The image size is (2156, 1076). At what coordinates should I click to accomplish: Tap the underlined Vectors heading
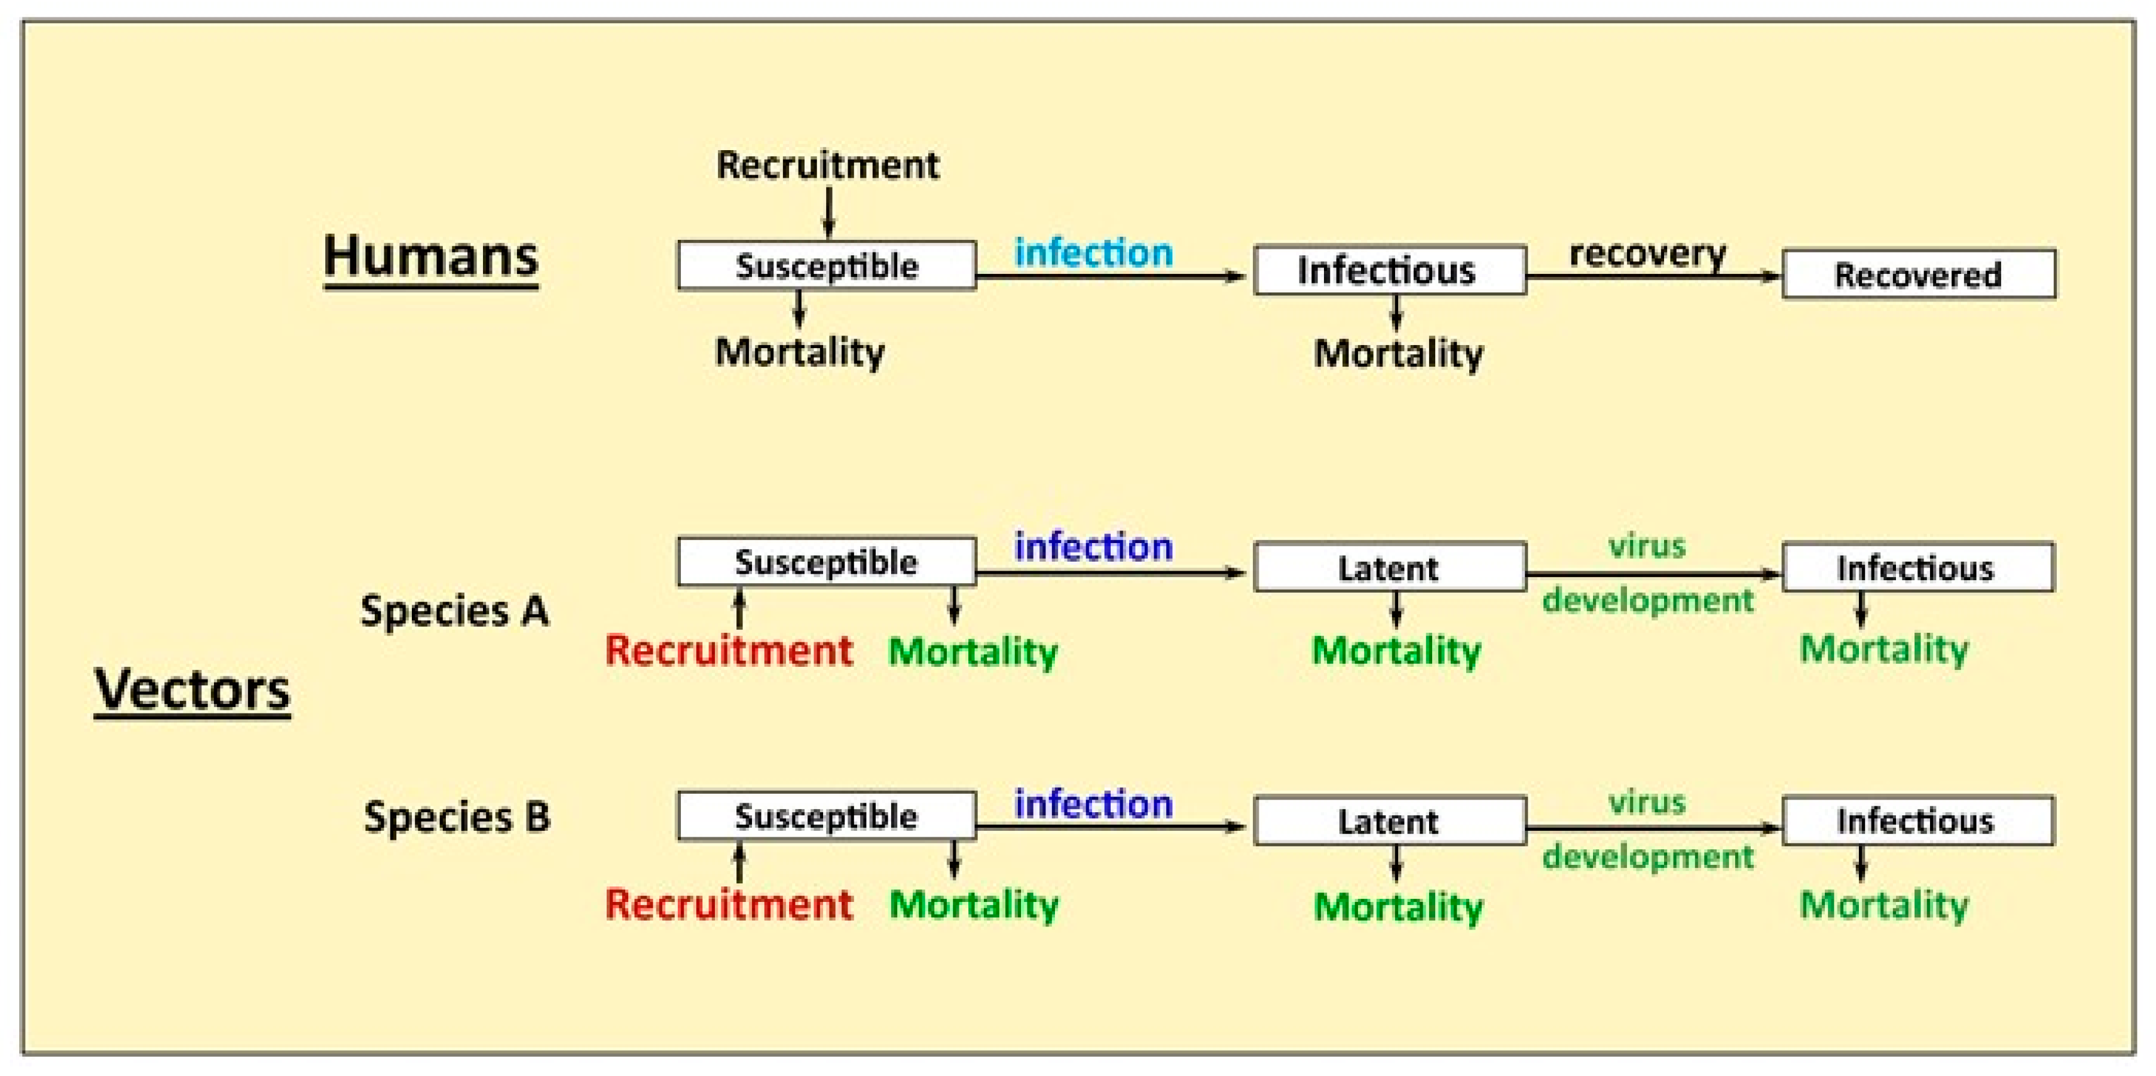point(192,690)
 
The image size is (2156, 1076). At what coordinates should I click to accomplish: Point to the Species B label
point(457,816)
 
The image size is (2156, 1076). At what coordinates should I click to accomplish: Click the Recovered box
point(1918,274)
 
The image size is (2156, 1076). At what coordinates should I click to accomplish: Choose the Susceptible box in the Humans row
point(826,266)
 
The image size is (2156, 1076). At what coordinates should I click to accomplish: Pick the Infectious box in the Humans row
point(1389,270)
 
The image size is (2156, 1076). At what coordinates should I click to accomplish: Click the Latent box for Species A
point(1389,568)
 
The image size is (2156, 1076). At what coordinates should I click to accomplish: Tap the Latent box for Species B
point(1389,821)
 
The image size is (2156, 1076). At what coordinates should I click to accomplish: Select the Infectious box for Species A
point(1918,568)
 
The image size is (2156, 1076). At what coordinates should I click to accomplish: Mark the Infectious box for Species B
point(1918,821)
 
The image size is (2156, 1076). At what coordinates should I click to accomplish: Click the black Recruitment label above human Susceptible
point(827,165)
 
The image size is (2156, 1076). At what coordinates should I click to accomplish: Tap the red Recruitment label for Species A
point(728,651)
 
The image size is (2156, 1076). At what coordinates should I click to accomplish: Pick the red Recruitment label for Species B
point(728,904)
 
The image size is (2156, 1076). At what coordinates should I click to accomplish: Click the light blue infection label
point(1093,252)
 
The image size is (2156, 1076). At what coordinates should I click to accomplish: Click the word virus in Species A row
point(1646,546)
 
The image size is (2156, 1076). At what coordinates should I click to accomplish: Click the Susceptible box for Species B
point(826,816)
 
